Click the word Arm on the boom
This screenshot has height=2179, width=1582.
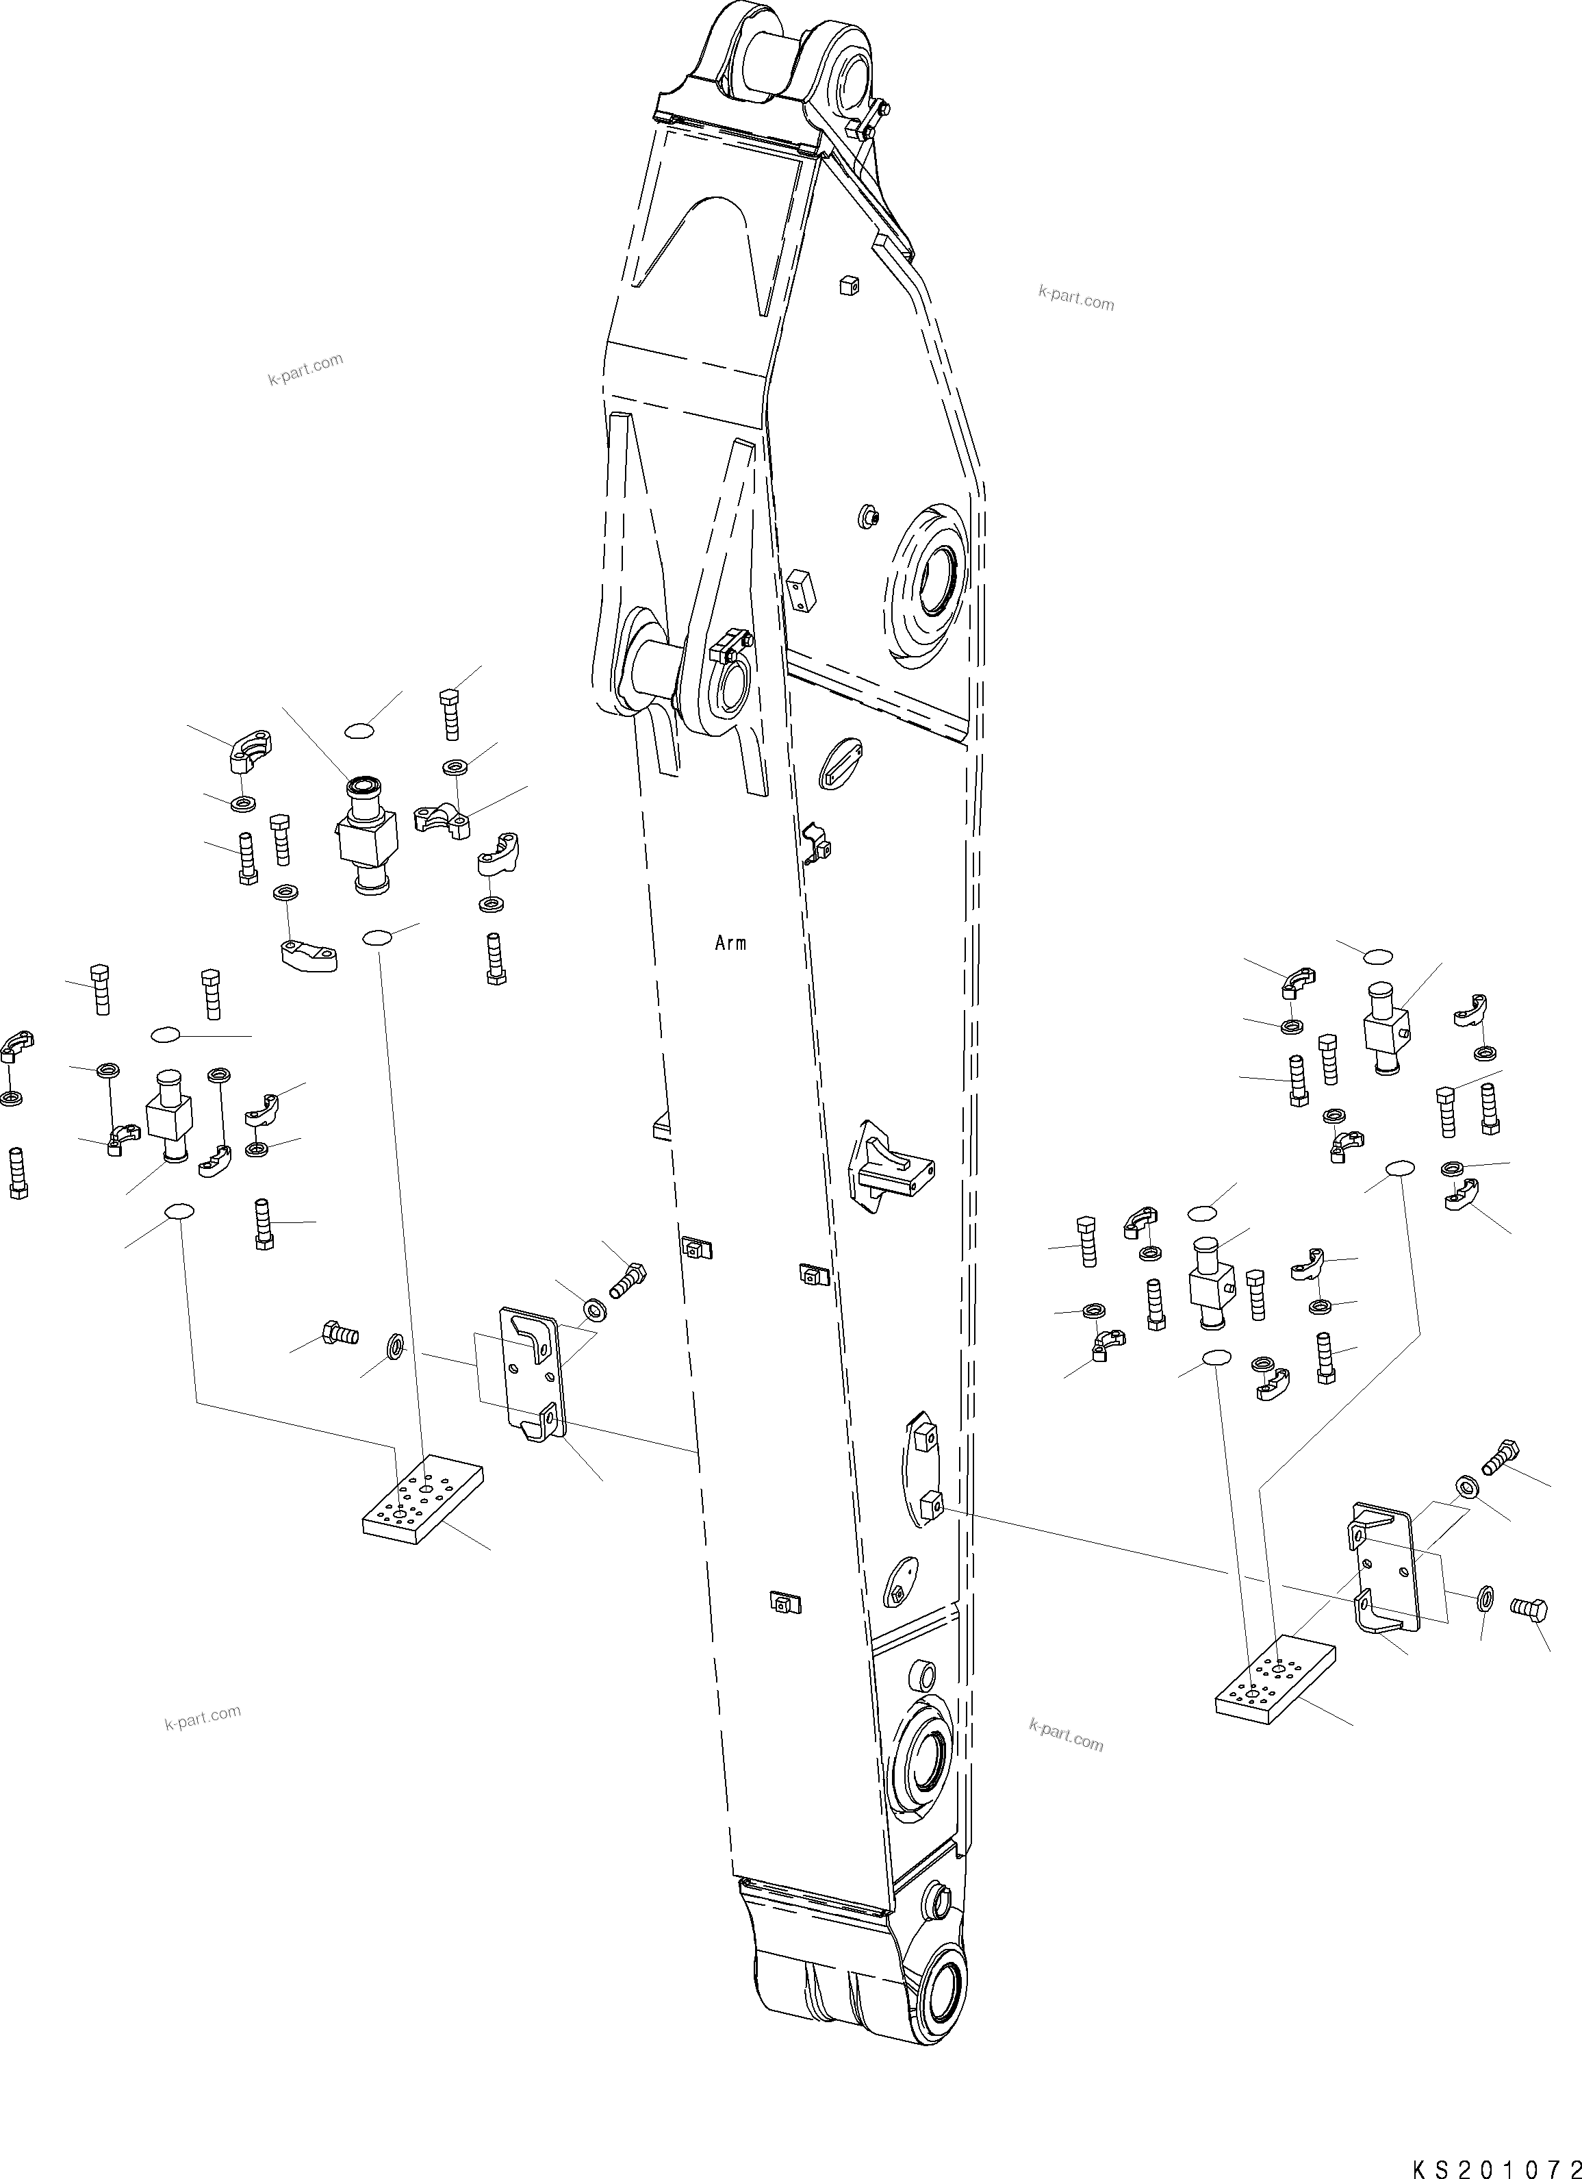(x=730, y=944)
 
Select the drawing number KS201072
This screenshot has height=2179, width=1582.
(x=1494, y=2165)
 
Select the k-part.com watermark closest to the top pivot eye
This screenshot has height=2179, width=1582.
(x=1076, y=298)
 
